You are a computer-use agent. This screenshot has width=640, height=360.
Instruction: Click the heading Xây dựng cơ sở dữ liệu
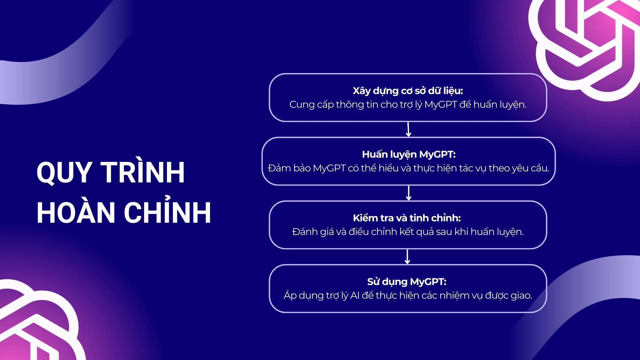(x=408, y=91)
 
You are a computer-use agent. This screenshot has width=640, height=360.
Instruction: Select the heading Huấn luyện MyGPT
(x=409, y=154)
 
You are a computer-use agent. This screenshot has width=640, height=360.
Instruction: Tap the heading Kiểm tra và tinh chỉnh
(x=407, y=218)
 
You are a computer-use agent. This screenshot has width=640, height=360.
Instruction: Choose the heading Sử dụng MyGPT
(x=407, y=282)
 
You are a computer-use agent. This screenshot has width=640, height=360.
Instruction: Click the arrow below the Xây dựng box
(x=408, y=129)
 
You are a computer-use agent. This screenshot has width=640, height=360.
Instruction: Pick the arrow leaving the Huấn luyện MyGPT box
(x=408, y=193)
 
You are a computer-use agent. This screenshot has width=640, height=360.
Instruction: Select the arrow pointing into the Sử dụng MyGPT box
(x=407, y=257)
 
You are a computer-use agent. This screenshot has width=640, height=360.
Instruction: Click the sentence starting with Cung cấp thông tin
(x=408, y=104)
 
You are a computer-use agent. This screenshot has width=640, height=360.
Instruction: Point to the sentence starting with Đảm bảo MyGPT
(x=408, y=168)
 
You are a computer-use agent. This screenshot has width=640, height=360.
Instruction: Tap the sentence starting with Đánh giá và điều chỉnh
(x=408, y=232)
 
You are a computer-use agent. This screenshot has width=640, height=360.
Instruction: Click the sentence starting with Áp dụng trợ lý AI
(x=408, y=295)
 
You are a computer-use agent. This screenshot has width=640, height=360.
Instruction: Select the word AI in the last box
(x=355, y=295)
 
